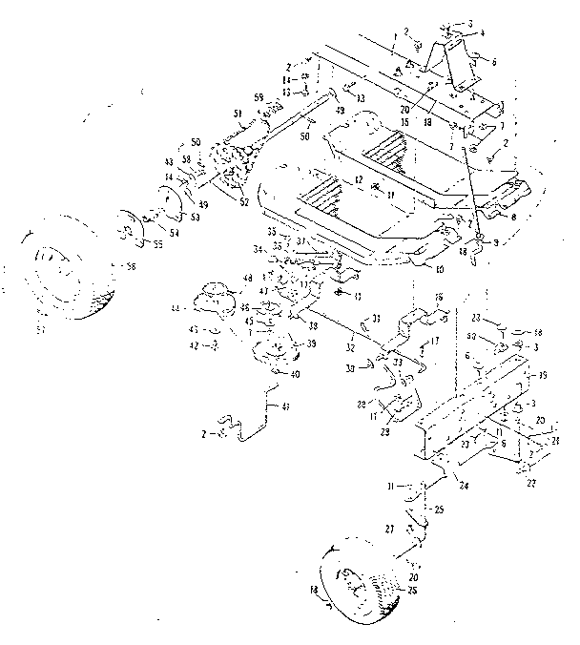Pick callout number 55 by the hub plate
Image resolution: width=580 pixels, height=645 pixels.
pyautogui.click(x=158, y=244)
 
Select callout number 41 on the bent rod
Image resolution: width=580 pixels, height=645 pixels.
pyautogui.click(x=283, y=406)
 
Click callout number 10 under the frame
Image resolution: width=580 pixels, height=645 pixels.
pyautogui.click(x=441, y=270)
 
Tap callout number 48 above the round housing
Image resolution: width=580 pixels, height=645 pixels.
pyautogui.click(x=248, y=278)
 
